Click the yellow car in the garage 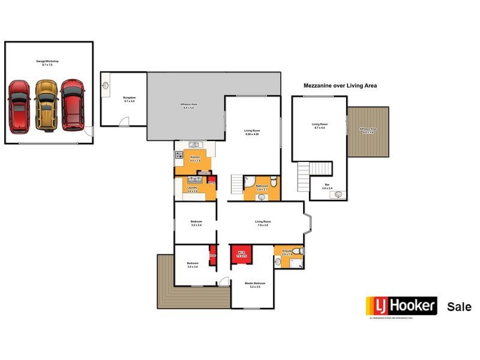click(x=46, y=105)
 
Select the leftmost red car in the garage click(x=19, y=106)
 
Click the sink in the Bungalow click(x=106, y=85)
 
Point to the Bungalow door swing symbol click(x=123, y=122)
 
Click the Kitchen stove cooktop click(x=179, y=155)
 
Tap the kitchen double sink click(x=194, y=145)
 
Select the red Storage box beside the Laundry click(x=211, y=181)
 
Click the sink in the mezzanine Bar click(x=338, y=194)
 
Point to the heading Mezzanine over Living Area click(x=340, y=86)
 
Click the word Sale click(x=459, y=307)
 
